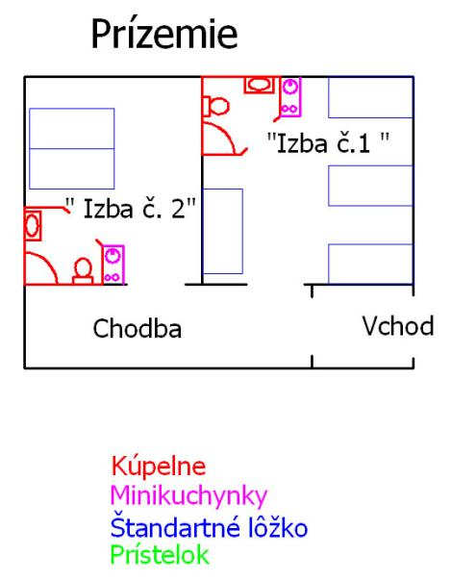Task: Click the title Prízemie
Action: click(164, 34)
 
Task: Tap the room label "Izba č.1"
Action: click(328, 143)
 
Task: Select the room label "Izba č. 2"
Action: click(131, 208)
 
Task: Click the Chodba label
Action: click(137, 329)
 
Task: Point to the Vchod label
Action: click(398, 326)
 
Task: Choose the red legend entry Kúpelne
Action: click(159, 466)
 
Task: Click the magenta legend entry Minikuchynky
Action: click(188, 495)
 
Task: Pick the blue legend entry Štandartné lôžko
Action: click(210, 527)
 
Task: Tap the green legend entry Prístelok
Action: click(160, 555)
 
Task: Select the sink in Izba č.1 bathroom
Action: click(259, 85)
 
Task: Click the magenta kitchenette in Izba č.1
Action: click(290, 97)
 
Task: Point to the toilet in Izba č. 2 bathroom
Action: click(83, 271)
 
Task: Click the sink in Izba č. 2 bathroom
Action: click(33, 225)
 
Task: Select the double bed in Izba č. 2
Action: click(72, 148)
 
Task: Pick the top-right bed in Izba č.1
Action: click(370, 97)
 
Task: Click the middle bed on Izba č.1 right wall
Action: click(370, 186)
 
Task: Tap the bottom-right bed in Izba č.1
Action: click(370, 265)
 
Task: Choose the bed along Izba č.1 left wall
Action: click(223, 231)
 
